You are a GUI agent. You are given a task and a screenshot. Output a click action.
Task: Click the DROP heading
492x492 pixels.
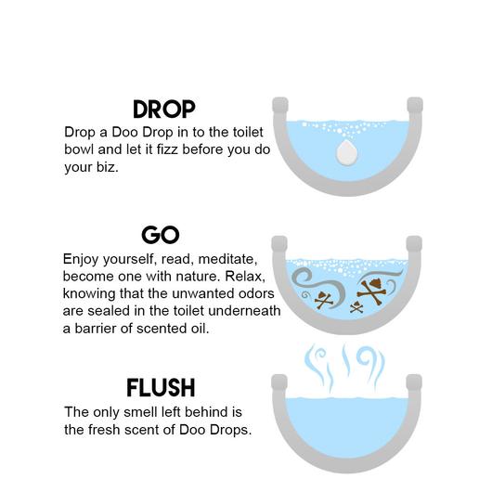point(164,110)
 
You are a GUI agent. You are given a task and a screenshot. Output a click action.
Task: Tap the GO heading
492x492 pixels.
point(161,235)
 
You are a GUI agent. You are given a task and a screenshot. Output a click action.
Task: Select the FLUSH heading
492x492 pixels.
point(161,388)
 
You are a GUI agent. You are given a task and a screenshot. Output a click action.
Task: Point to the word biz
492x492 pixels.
point(108,167)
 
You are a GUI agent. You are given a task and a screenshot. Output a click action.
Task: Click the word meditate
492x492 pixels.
point(227,260)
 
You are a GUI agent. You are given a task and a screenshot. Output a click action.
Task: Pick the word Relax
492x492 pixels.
point(245,277)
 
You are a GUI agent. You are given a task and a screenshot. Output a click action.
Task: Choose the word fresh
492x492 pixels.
point(104,430)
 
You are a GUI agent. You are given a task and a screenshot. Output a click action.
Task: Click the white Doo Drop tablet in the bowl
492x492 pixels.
point(347,153)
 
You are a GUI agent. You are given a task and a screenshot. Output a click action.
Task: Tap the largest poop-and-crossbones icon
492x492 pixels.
point(372,291)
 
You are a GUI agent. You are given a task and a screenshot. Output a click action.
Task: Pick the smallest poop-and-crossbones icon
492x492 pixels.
point(356,307)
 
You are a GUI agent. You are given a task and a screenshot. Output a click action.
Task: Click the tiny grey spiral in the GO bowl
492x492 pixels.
point(305,295)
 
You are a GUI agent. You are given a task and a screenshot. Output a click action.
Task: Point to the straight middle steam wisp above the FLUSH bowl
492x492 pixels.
point(346,359)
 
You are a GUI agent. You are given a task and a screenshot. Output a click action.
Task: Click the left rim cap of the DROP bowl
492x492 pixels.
point(280,105)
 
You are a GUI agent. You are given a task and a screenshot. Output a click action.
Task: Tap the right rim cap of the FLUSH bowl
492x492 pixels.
point(414,382)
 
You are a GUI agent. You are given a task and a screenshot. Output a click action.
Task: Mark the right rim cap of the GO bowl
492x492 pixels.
point(414,244)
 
